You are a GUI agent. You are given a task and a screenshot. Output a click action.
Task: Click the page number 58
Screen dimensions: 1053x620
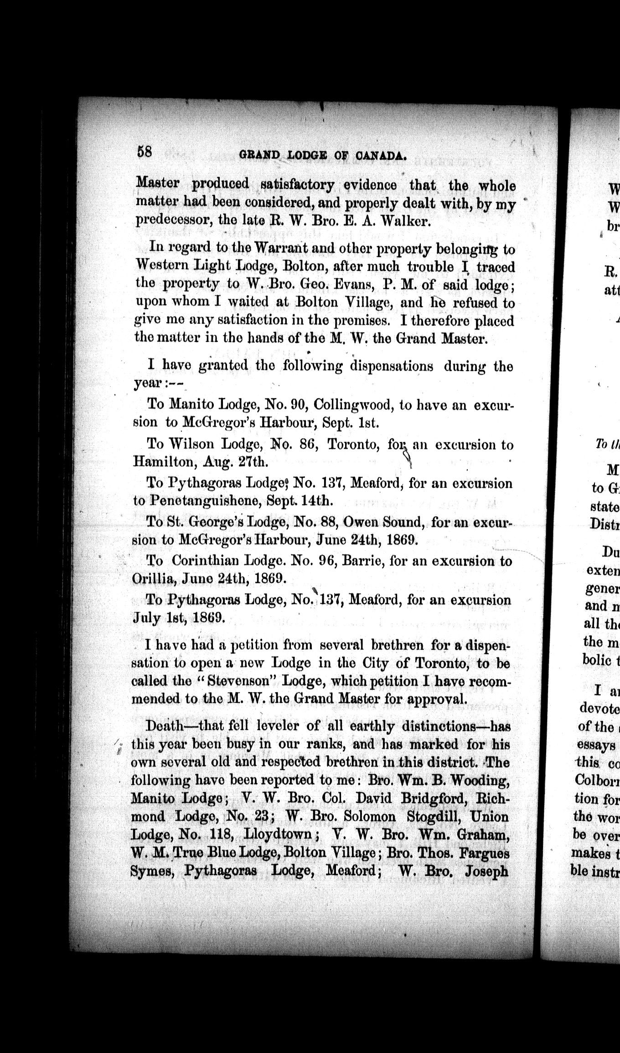(145, 151)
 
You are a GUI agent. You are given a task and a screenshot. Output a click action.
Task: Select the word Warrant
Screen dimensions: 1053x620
(281, 248)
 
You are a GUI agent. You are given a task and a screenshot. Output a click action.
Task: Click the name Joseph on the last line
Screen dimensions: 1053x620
(486, 871)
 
